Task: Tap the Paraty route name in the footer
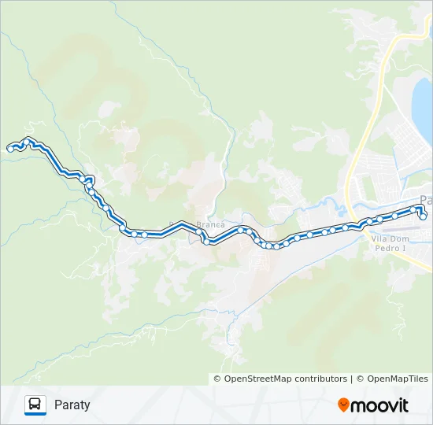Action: coord(72,405)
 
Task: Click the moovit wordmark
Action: coord(380,405)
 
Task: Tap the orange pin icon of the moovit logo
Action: coord(344,405)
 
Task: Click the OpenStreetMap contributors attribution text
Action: coord(285,379)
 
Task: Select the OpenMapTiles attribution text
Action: coord(397,379)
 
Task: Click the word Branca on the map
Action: coord(210,224)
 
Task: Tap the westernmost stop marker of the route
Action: coord(10,148)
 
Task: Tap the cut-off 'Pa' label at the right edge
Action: coord(427,199)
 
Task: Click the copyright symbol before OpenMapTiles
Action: coord(361,379)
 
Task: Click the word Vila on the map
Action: coord(380,238)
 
